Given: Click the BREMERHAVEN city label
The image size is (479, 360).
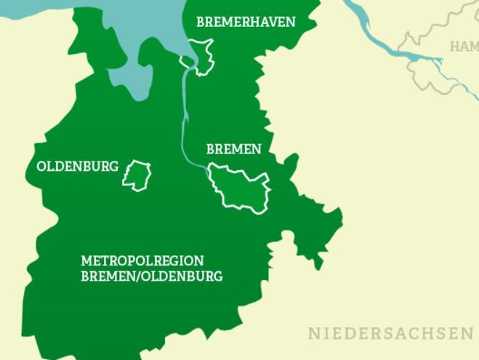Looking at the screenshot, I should (x=246, y=22).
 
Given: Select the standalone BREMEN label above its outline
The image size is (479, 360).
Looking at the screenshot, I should (x=233, y=149).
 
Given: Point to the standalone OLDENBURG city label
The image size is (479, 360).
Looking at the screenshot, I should (x=77, y=167).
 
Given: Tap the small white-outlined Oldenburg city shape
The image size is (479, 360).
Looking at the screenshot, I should (x=137, y=175).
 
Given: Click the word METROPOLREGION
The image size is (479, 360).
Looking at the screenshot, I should (x=142, y=260).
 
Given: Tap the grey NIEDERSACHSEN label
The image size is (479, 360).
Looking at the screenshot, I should (x=390, y=334).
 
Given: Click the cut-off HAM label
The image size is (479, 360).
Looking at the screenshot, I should (x=464, y=47).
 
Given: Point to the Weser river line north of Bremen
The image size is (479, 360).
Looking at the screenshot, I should (x=183, y=116).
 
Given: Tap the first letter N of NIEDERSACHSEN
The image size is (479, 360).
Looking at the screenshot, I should (x=313, y=334).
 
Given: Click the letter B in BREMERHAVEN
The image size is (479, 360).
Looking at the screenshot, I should (x=201, y=22).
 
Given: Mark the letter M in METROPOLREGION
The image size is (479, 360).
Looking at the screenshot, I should (x=86, y=260).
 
